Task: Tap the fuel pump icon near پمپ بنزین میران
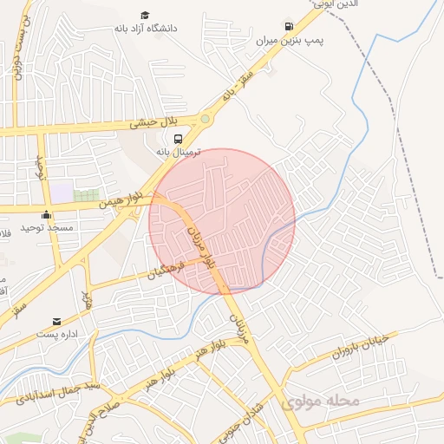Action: click(289, 26)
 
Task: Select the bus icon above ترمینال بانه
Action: click(178, 139)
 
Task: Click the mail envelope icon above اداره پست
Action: click(58, 321)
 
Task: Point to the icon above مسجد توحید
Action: click(46, 214)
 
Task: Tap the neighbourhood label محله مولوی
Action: click(320, 402)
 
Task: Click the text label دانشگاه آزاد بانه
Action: click(146, 29)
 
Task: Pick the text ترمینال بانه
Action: click(179, 152)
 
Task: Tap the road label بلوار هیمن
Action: click(117, 200)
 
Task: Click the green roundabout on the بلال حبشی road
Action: click(205, 119)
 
